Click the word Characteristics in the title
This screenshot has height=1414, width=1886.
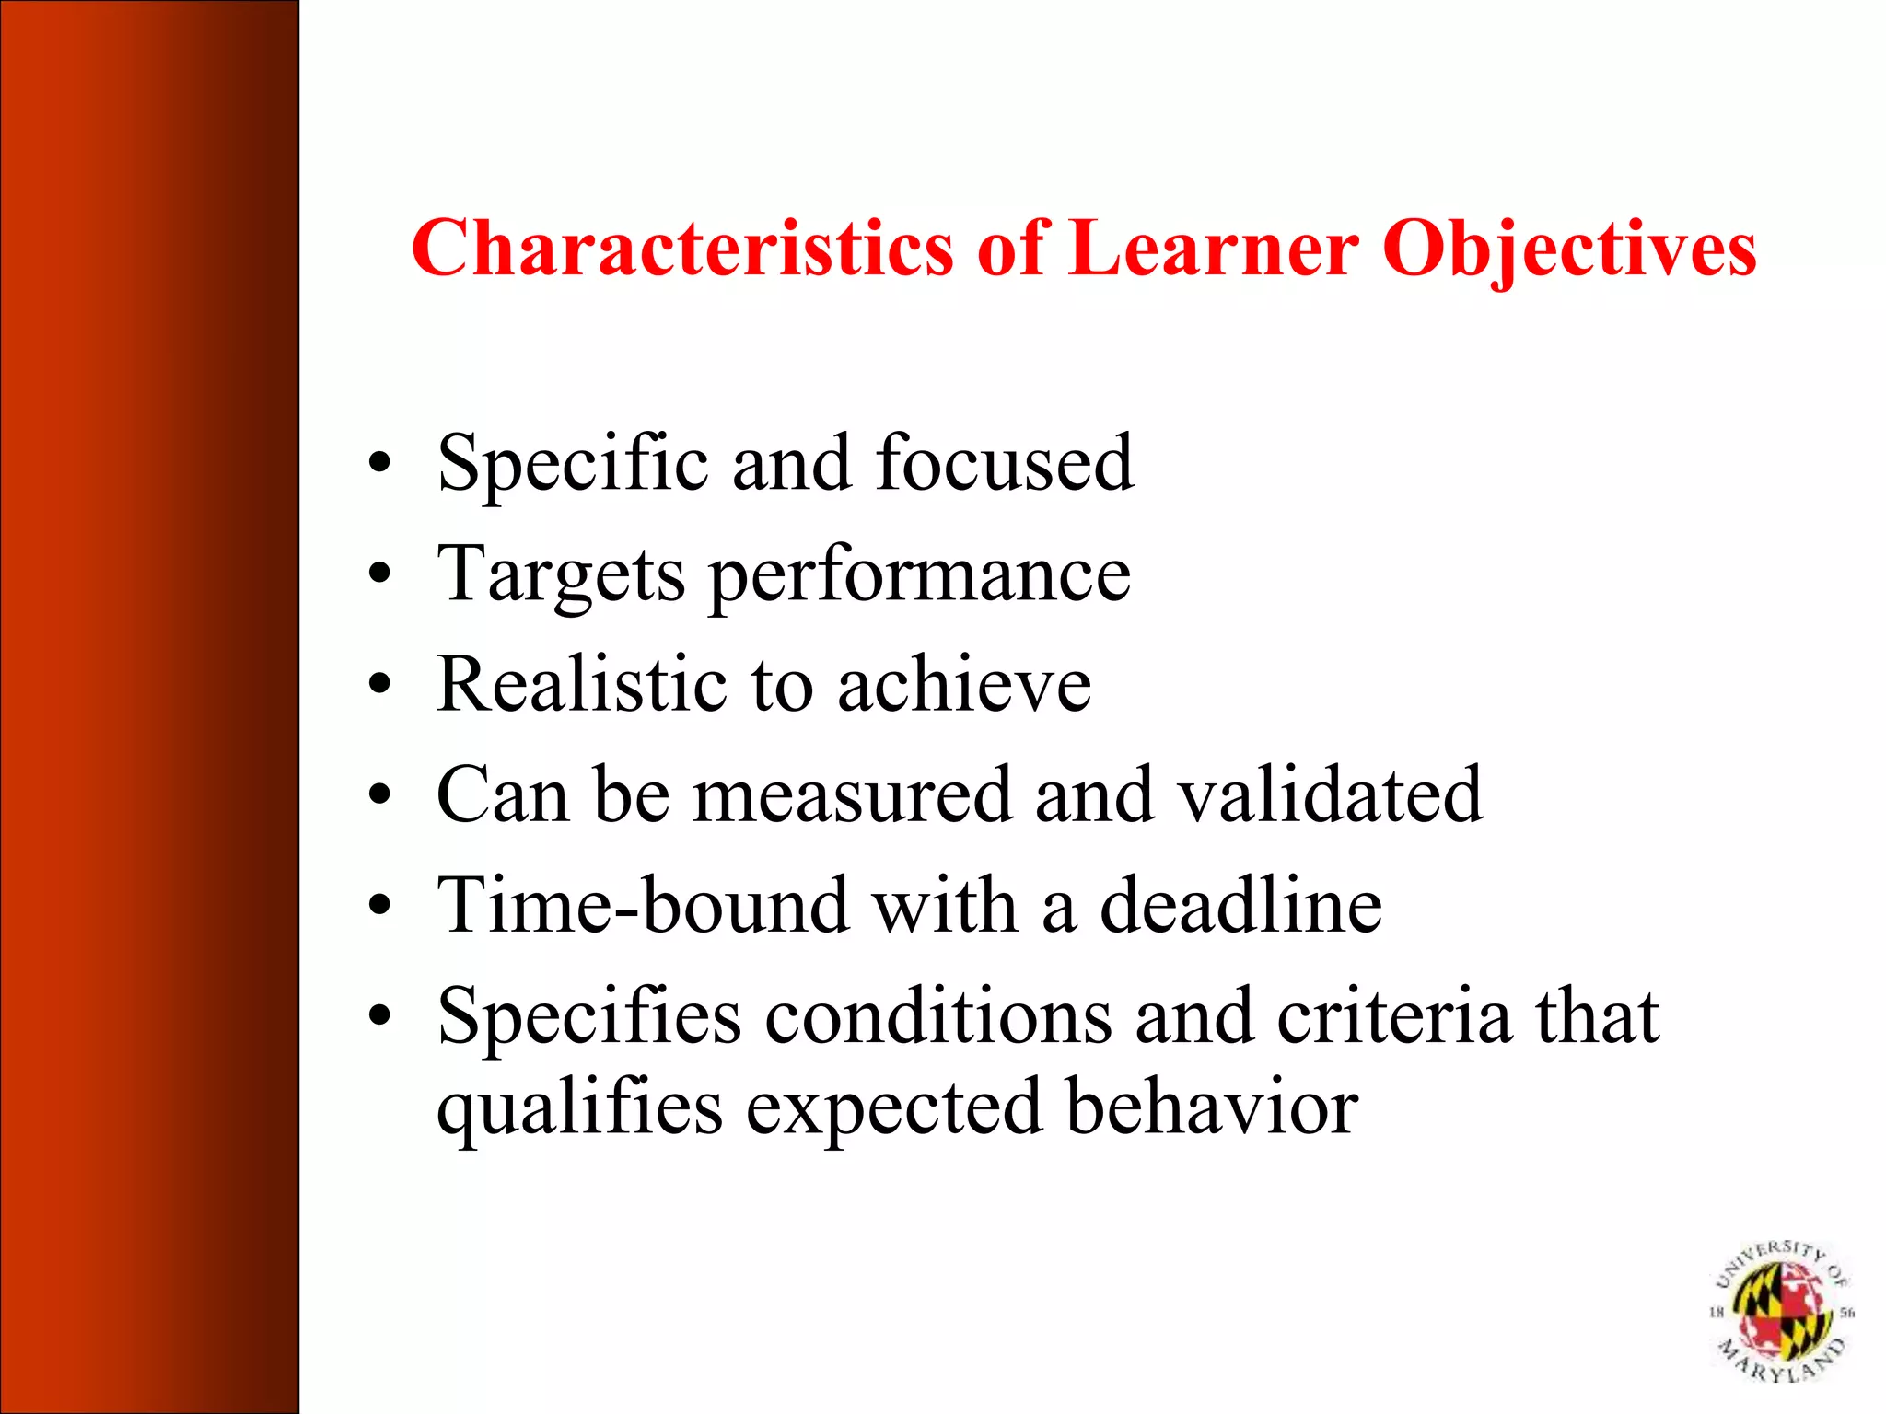coord(681,248)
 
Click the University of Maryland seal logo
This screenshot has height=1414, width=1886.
coord(1781,1310)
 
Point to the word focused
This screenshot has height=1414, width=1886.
coord(1005,462)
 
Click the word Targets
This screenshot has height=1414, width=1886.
coord(561,575)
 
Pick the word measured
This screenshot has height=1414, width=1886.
coord(852,795)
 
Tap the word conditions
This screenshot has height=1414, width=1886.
coord(937,1016)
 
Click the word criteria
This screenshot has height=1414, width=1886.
coord(1393,1016)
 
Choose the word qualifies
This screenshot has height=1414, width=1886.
coord(579,1108)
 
